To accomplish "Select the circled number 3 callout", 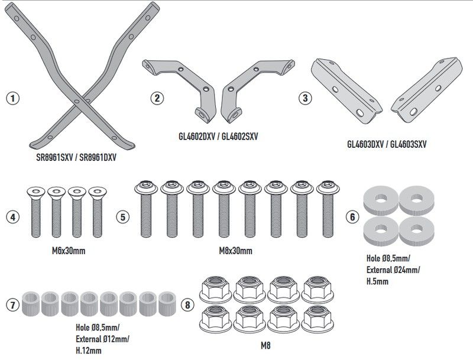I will [x=304, y=98].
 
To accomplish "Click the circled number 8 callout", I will [x=187, y=305].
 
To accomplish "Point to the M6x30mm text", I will [x=65, y=251].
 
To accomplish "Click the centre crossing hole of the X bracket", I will [x=77, y=101].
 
